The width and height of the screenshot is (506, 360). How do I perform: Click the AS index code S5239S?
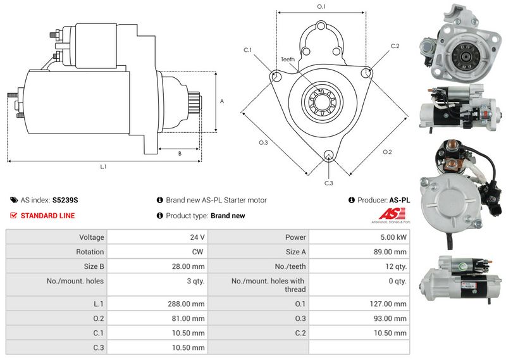click(x=65, y=200)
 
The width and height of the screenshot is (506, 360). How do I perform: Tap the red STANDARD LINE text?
click(x=47, y=216)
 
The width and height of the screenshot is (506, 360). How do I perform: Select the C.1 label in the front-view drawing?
click(x=247, y=50)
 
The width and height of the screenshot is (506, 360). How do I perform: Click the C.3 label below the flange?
click(x=328, y=183)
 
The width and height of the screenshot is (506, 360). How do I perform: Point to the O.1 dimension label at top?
click(x=321, y=7)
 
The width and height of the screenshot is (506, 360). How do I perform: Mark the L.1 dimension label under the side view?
click(x=102, y=167)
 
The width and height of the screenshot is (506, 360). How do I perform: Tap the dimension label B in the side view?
click(x=180, y=153)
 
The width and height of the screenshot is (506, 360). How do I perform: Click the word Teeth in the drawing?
click(x=288, y=59)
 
